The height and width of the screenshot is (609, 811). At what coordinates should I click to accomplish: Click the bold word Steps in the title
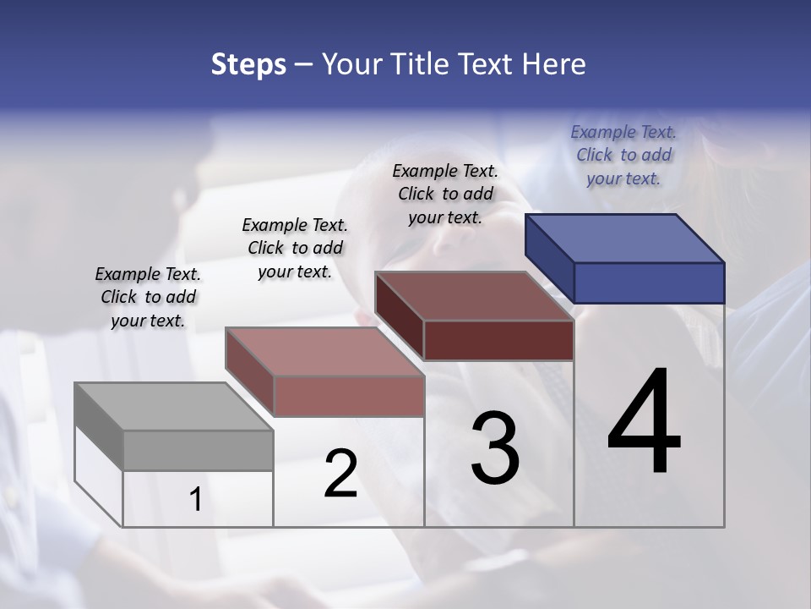[248, 64]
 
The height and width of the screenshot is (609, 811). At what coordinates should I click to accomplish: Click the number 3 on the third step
[495, 448]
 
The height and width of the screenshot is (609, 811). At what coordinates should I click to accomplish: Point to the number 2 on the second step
[340, 474]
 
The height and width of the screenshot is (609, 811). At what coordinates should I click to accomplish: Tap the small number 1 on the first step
[196, 500]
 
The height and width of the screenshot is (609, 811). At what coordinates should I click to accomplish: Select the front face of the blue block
[649, 283]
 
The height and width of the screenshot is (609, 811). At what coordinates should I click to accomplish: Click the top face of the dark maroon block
[474, 296]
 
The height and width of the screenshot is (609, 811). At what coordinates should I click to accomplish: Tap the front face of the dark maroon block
[498, 340]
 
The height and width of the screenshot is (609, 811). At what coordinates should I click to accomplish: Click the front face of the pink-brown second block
[349, 396]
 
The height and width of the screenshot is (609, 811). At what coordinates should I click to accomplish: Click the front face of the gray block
[198, 450]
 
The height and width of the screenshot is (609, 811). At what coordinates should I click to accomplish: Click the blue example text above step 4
[623, 155]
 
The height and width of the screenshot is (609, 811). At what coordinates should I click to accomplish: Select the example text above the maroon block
[445, 194]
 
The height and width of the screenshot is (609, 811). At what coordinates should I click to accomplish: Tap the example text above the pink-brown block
[295, 248]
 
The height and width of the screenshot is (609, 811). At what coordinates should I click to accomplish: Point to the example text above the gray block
[148, 297]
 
